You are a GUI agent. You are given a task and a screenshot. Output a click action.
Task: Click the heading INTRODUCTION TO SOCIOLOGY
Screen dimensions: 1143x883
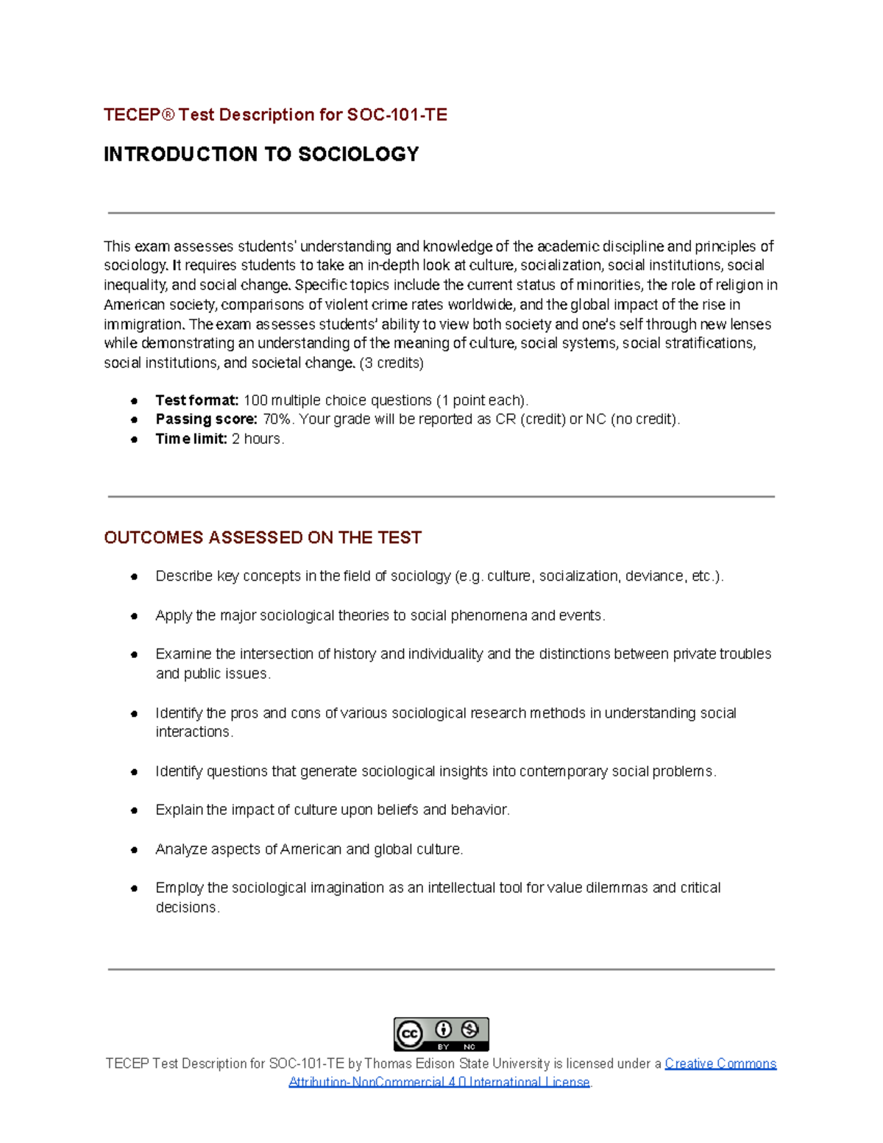coord(261,154)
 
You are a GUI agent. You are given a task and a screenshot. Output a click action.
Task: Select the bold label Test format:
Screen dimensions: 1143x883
coord(196,400)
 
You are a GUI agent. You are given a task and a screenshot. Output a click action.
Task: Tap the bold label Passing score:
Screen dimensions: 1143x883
coord(206,420)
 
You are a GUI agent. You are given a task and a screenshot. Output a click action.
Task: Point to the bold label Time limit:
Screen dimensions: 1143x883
coord(191,439)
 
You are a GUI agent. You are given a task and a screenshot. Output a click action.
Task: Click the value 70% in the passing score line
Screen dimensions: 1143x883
coord(277,420)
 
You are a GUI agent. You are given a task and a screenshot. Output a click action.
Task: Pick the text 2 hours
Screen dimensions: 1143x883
coord(258,439)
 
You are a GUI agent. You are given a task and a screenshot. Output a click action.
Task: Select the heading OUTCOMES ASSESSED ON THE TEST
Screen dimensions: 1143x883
coord(263,538)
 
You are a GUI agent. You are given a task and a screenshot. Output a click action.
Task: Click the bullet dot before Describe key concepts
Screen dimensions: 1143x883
coord(135,576)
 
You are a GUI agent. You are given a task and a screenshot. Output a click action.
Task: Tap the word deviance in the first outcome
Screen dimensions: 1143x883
coord(654,576)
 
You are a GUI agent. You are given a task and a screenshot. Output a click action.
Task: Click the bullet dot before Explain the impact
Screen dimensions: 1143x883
coord(135,810)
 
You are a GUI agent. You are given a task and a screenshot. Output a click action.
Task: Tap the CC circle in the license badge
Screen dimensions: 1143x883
coord(410,1034)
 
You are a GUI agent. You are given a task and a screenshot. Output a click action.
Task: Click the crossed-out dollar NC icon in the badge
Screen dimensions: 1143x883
coord(469,1029)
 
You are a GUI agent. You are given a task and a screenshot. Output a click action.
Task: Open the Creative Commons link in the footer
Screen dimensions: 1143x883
coord(720,1064)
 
